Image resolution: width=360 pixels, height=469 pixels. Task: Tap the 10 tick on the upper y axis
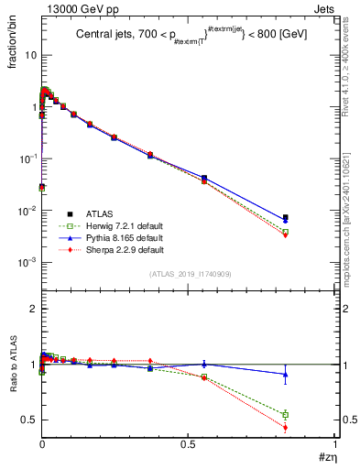29,55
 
